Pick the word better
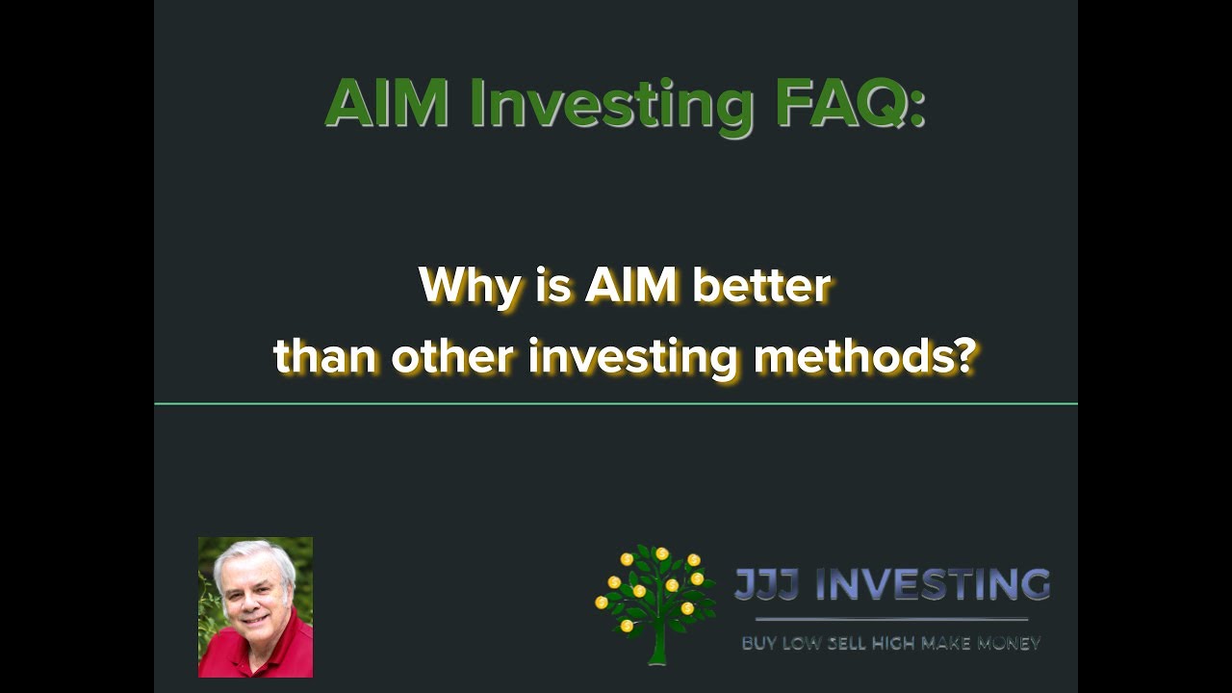tap(760, 286)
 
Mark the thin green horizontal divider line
tap(616, 404)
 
